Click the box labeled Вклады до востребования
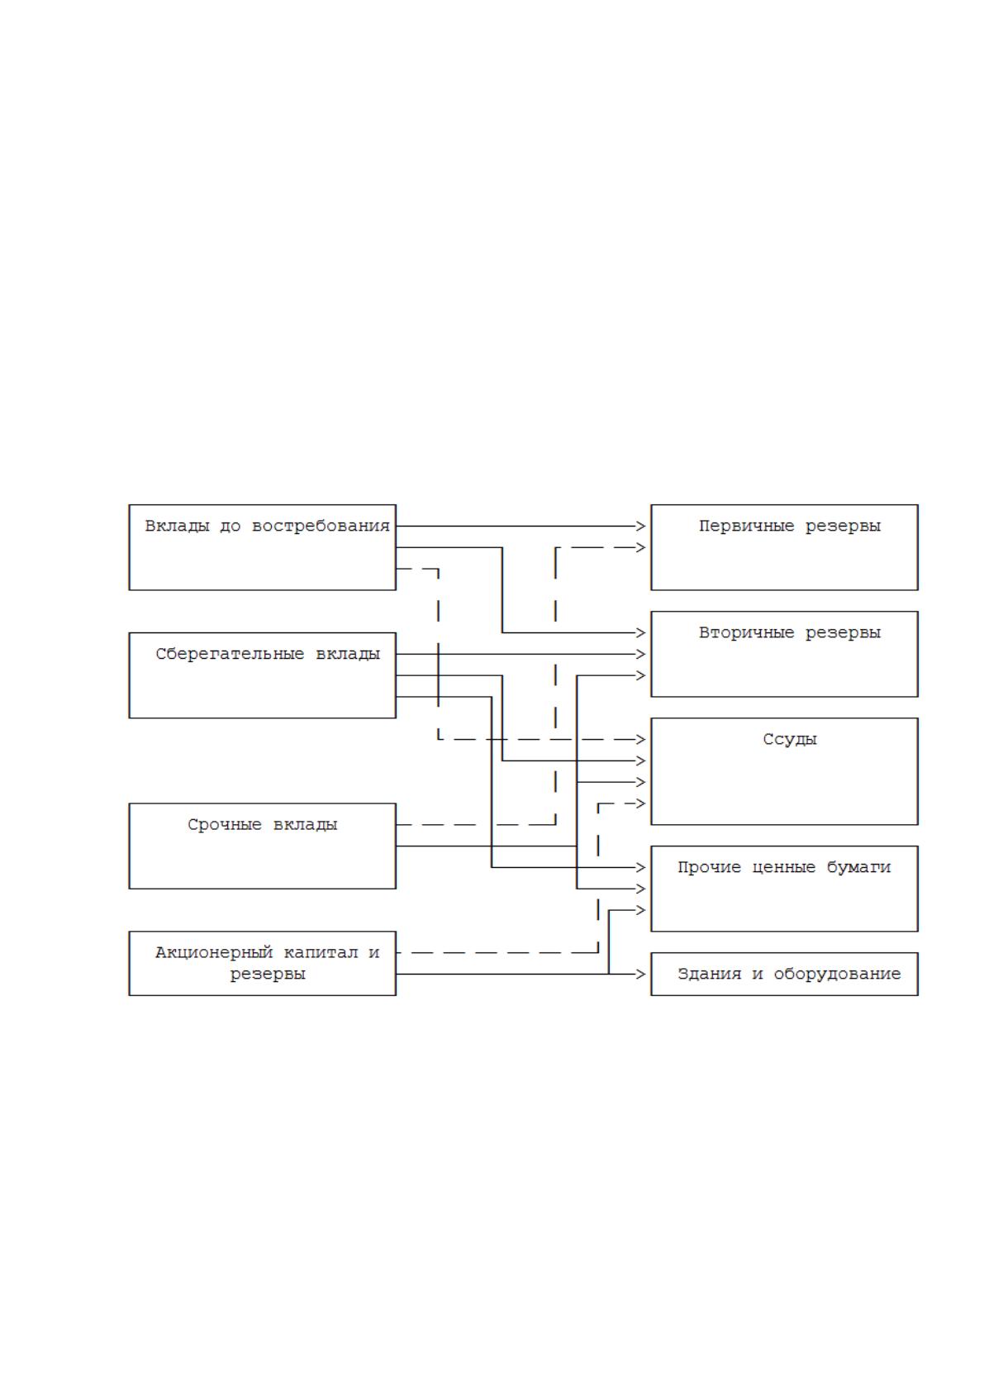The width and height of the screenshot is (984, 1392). pos(262,547)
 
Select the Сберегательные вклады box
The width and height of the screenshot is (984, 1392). pos(262,675)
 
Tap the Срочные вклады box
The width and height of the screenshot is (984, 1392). pos(262,846)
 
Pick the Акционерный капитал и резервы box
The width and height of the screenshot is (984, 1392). pos(262,963)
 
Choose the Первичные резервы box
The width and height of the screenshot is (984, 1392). pos(784,547)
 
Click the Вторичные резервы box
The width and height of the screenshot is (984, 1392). pos(784,654)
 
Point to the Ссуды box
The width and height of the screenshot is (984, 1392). pos(784,771)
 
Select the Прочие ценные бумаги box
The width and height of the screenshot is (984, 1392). pos(784,889)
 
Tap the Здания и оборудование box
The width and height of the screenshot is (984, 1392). pos(784,974)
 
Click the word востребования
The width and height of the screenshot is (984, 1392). pos(321,526)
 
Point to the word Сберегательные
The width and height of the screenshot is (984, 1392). pos(230,654)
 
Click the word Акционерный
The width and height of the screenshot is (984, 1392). pos(214,952)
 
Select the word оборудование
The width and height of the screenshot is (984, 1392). pos(837,974)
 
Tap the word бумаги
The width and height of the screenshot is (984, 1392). pos(858,867)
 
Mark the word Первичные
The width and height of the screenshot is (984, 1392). pos(746,526)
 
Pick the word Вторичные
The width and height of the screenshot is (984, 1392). pos(746,632)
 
